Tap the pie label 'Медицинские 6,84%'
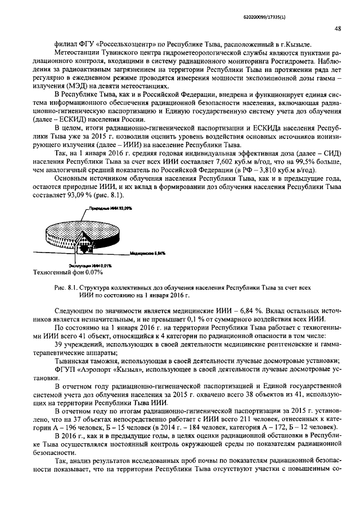pos(147,254)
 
